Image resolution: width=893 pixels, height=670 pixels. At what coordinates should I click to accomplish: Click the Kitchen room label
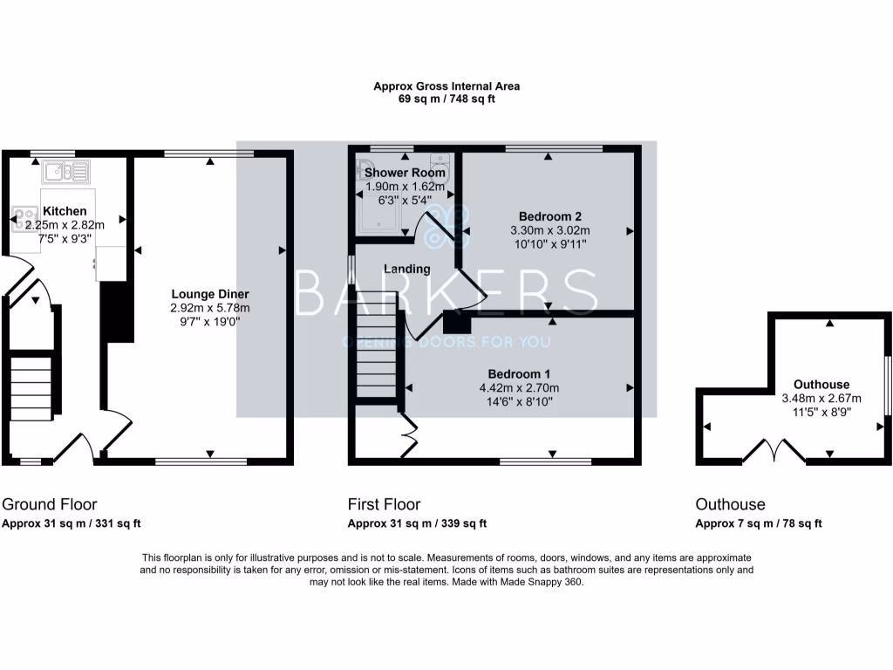point(65,211)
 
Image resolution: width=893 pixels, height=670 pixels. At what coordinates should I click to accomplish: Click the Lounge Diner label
point(210,294)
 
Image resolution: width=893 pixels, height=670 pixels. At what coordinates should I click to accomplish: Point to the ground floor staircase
point(32,383)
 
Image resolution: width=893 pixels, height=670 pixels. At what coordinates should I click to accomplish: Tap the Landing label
point(407,269)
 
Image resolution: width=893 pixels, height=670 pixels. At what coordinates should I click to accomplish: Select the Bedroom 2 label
point(549,216)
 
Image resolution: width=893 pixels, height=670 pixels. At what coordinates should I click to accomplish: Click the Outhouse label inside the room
point(821,385)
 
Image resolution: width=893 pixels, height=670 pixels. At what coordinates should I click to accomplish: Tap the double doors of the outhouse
point(774,452)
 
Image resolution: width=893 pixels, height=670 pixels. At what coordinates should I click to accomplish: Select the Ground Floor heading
point(50,504)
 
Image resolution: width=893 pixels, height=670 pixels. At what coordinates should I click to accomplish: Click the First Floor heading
point(384,504)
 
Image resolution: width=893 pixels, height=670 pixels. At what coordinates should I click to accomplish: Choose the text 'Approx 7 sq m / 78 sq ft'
point(759,524)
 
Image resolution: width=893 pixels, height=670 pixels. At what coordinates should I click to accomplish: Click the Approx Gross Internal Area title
point(446,86)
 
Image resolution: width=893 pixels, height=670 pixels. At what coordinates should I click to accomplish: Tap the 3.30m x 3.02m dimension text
point(549,230)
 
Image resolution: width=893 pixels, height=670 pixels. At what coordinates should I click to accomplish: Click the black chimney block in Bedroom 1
point(455,322)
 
